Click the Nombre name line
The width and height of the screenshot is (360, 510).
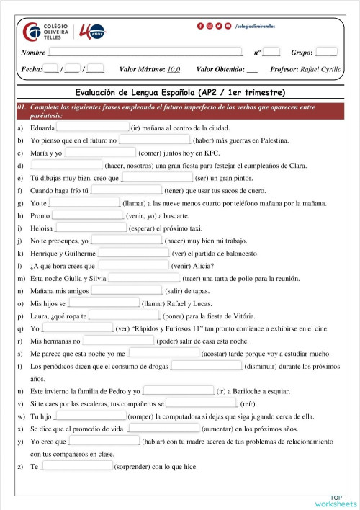(x=144, y=53)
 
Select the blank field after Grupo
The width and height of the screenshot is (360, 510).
(x=325, y=53)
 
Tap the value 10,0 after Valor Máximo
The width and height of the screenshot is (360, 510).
(x=173, y=70)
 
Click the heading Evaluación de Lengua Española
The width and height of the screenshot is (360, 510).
(x=180, y=93)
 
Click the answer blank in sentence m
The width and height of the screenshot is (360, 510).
(x=144, y=278)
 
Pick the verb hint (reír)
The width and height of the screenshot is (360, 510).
(x=248, y=403)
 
